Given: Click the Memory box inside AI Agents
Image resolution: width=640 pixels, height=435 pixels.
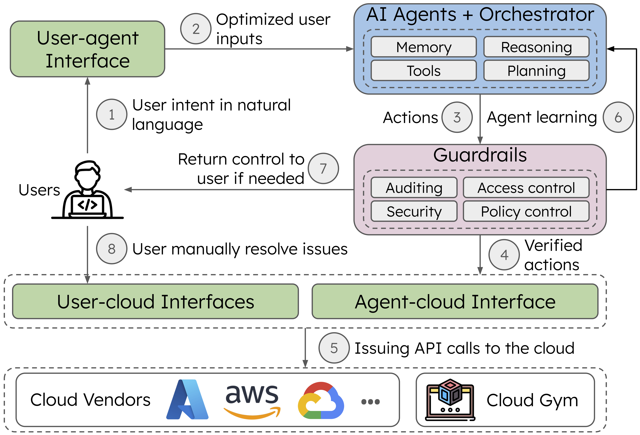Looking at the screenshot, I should (x=424, y=47).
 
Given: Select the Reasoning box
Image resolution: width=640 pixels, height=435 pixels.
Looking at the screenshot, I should (x=536, y=47).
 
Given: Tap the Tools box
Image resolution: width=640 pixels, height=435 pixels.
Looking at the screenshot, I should (x=424, y=71).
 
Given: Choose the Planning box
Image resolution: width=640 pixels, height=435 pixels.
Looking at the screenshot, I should (x=536, y=71).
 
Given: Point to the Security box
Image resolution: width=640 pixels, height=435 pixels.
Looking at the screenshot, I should (x=414, y=211).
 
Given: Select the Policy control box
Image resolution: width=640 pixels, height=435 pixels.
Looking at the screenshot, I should (x=526, y=211).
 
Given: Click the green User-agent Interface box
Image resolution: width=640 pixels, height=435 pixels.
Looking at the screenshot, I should (x=88, y=49).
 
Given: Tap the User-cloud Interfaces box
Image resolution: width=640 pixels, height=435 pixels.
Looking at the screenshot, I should (x=156, y=302).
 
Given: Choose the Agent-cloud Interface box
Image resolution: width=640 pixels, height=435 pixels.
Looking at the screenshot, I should (x=455, y=302).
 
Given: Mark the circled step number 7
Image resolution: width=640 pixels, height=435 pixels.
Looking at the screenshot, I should (x=323, y=168).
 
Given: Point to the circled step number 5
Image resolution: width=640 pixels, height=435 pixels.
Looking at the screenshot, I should (x=334, y=348).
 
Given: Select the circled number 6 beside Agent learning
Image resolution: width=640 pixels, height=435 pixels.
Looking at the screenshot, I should (x=618, y=117).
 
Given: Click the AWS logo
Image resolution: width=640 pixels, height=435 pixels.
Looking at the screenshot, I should (x=252, y=400).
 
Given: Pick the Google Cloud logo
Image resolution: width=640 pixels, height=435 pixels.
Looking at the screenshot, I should (x=321, y=400).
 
